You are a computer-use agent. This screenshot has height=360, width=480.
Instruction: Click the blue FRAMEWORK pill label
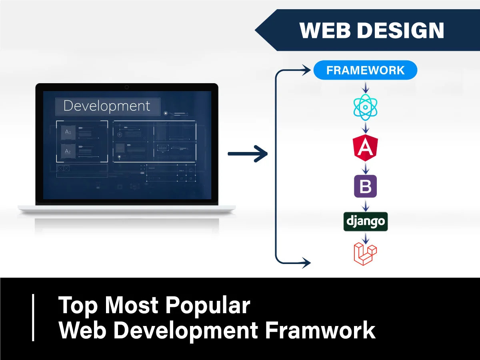click(x=365, y=70)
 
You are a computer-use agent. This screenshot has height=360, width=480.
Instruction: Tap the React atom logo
click(x=366, y=107)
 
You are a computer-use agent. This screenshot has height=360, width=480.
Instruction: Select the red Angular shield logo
click(x=365, y=147)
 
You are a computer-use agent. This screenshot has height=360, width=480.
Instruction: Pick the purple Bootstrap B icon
click(x=365, y=186)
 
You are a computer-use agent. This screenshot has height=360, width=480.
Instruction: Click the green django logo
click(x=365, y=221)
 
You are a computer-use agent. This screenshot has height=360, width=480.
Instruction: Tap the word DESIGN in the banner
click(x=400, y=30)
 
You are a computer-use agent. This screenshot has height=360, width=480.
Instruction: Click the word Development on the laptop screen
click(x=107, y=106)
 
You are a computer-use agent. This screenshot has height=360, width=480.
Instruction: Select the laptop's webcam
click(x=127, y=87)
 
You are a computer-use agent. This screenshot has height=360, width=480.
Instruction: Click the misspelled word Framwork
click(x=320, y=330)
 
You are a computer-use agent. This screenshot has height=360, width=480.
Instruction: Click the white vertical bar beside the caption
click(x=33, y=318)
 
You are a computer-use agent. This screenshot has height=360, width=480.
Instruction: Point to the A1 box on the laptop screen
click(x=68, y=132)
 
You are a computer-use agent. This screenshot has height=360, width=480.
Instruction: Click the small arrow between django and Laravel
click(x=365, y=238)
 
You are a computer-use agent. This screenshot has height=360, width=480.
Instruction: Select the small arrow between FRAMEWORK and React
click(x=365, y=86)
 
